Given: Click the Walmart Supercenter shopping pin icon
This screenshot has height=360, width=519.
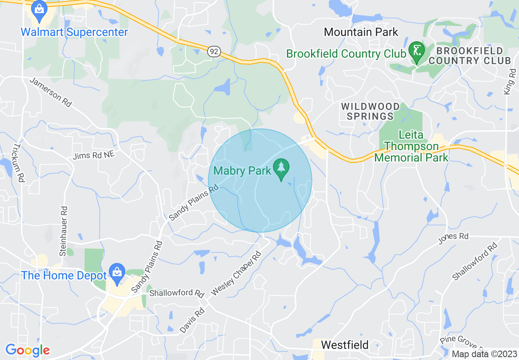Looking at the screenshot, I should click(39, 11).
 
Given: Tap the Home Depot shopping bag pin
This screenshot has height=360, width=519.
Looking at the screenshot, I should click(117, 274).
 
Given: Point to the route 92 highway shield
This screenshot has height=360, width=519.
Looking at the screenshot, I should click(214, 52).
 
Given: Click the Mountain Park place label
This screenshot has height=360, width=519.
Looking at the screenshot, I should click(361, 32).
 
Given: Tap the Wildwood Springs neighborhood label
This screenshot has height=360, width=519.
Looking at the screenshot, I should click(370, 111).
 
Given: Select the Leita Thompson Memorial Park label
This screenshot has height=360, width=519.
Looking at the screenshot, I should click(411, 146).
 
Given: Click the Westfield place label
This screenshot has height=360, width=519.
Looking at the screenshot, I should click(345, 345).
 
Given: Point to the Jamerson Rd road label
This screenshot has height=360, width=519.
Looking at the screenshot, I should click(51, 92).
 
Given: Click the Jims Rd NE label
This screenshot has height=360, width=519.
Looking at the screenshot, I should click(94, 155).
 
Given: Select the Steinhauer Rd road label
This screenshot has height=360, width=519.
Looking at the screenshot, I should click(63, 231).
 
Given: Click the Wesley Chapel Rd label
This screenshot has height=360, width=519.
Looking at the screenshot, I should click(235, 274).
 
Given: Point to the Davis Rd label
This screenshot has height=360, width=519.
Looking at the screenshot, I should click(192, 320).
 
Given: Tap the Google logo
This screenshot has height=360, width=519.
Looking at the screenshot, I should click(27, 350).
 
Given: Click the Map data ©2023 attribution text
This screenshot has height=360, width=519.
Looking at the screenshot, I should click(484, 354).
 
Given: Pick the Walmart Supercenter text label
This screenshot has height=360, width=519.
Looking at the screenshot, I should click(74, 32).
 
